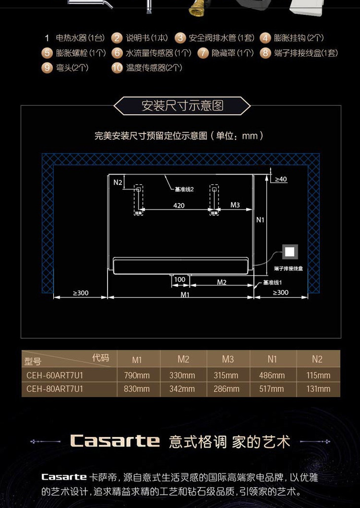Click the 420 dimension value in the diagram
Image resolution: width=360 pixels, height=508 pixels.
(x=179, y=205)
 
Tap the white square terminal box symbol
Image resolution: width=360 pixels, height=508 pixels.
(x=290, y=252)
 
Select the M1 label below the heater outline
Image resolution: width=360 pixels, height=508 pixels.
(x=185, y=294)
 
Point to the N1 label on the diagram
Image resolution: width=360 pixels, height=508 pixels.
(x=260, y=220)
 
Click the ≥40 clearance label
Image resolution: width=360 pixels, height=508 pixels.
(x=281, y=180)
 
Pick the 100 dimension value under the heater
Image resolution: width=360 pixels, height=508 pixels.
(x=180, y=280)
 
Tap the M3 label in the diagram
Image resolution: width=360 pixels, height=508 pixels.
(x=235, y=205)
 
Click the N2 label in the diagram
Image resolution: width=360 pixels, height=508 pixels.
(x=117, y=182)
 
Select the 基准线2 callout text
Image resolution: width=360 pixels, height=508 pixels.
(x=184, y=189)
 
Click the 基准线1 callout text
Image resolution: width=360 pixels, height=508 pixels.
(x=272, y=283)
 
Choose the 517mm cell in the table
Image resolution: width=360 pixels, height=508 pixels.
(x=271, y=389)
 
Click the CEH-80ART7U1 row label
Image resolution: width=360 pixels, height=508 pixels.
(x=55, y=389)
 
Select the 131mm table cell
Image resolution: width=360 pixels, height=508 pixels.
(x=318, y=389)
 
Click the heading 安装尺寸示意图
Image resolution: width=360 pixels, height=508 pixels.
(x=182, y=106)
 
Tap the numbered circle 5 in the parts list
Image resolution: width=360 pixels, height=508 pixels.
(x=47, y=53)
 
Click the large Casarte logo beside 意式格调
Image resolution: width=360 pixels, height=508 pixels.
(x=115, y=440)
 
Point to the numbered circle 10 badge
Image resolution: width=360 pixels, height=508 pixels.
(x=117, y=68)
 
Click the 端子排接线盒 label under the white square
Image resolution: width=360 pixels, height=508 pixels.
(x=288, y=268)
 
